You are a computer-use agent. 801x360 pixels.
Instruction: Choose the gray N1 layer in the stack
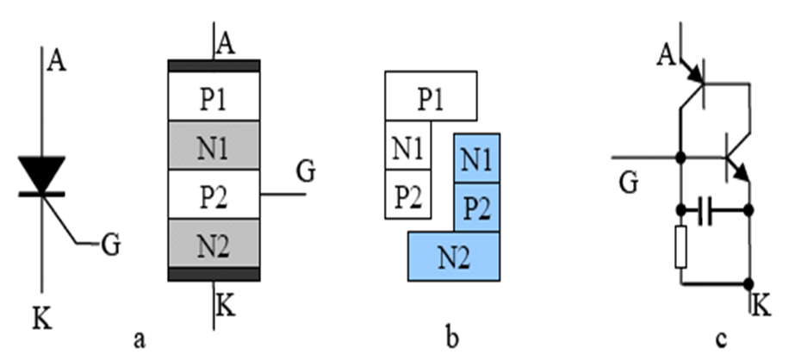point(214,146)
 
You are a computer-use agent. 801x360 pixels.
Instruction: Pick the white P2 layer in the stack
point(214,195)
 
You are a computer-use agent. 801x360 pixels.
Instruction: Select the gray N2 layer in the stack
point(214,244)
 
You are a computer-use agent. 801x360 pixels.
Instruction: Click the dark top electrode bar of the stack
point(214,66)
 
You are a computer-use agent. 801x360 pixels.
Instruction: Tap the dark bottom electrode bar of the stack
point(214,274)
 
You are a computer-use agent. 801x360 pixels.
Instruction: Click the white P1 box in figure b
point(430,96)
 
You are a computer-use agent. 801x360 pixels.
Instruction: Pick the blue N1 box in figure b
point(476,158)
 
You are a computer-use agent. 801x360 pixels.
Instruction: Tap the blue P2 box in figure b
point(476,208)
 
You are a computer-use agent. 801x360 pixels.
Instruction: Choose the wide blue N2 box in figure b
point(454,256)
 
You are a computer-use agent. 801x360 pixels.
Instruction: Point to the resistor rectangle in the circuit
point(681,246)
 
